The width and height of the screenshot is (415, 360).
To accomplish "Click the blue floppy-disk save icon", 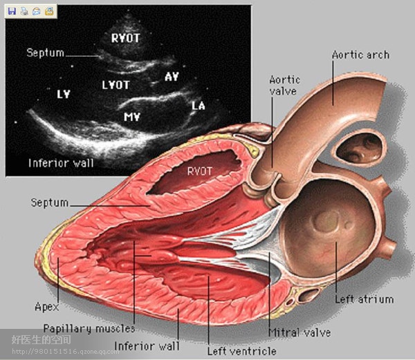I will [x=12, y=11].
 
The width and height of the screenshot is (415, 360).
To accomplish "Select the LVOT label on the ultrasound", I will [x=116, y=85].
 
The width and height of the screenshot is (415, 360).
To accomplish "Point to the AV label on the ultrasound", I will [x=172, y=76].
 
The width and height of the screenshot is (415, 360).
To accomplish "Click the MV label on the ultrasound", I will [x=133, y=117].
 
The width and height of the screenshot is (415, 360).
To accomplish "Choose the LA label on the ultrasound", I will [x=199, y=106].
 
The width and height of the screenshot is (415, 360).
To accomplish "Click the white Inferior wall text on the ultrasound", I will [x=61, y=163].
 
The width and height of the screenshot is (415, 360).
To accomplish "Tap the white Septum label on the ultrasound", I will [x=46, y=53].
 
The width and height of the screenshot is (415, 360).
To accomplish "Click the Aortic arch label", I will [x=360, y=55].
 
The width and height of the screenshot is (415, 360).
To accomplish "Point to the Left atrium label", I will [x=364, y=299].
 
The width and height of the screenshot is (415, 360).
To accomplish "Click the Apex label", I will [x=46, y=306].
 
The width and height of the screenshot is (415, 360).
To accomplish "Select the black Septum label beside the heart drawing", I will [x=49, y=202].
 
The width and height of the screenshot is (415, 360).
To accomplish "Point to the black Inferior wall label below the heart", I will [x=147, y=345].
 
